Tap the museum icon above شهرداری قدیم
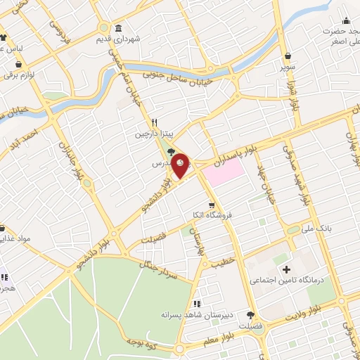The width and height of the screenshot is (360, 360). click(x=117, y=28)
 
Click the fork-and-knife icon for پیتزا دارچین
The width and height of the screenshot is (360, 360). click(x=144, y=121)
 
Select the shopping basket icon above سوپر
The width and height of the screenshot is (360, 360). click(x=288, y=57)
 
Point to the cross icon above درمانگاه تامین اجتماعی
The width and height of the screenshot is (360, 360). click(x=286, y=270)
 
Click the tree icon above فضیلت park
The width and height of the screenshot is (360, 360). click(x=250, y=315)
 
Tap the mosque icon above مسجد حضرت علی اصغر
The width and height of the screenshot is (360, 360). click(x=345, y=20)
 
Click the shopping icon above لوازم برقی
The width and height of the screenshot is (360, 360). click(x=18, y=63)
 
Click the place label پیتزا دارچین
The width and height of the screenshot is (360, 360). click(x=153, y=132)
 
